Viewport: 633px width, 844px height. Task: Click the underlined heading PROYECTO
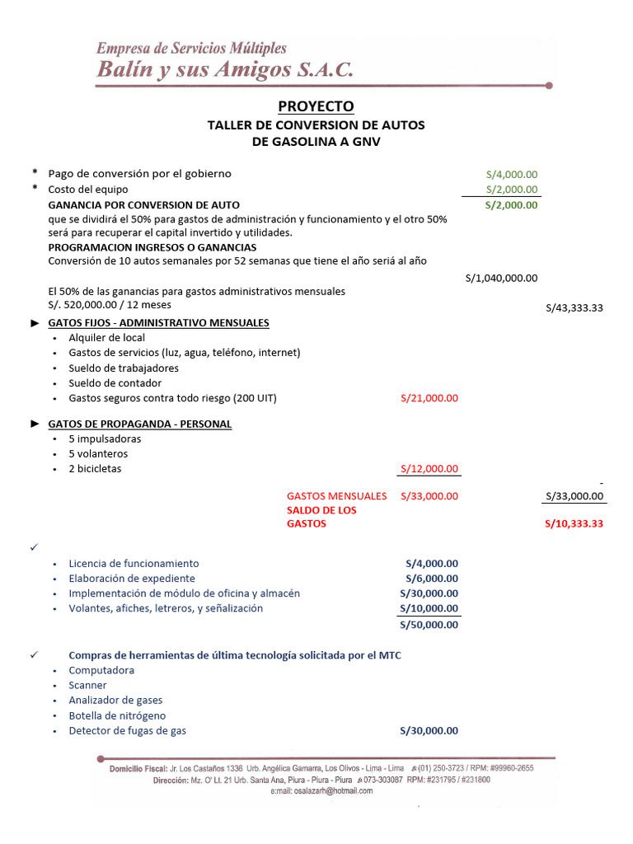[x=316, y=106]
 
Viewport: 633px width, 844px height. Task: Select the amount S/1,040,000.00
[x=501, y=279]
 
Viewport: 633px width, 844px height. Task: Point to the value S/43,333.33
[x=574, y=307]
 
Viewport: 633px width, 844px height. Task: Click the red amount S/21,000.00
[x=429, y=398]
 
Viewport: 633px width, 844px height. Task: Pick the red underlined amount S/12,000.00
[x=429, y=469]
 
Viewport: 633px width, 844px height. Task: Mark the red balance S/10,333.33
[x=574, y=523]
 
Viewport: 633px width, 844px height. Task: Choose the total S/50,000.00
[x=429, y=624]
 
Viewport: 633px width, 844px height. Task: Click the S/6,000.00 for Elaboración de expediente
[x=432, y=579]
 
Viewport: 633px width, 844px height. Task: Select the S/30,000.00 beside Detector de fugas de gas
[x=429, y=730]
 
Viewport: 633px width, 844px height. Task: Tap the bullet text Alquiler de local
[x=107, y=338]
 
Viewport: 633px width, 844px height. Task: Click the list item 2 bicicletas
[x=95, y=469]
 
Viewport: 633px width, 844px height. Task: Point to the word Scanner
[x=87, y=685]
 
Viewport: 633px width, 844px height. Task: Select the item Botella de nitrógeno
[x=117, y=715]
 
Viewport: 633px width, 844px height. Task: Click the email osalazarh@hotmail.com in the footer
[x=321, y=790]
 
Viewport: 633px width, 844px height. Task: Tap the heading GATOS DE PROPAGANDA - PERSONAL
[x=140, y=424]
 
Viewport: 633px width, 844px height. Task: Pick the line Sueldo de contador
[x=115, y=383]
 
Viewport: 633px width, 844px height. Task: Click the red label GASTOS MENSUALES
[x=336, y=496]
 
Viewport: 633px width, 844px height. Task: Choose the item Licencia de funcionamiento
[x=134, y=564]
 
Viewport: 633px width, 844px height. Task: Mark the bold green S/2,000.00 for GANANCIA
[x=511, y=205]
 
